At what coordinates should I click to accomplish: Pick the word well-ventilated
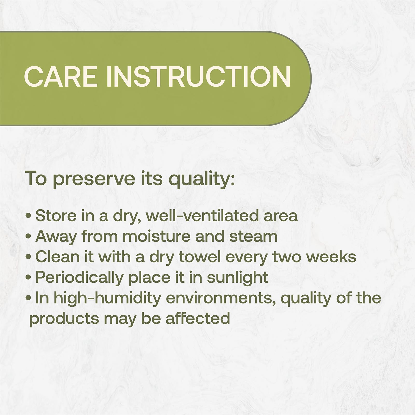tap(203, 216)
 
